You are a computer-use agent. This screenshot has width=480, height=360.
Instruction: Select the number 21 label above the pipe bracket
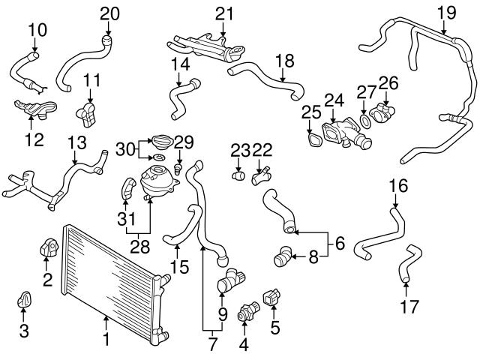(x=224, y=13)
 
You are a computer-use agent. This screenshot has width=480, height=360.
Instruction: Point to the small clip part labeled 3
(x=23, y=301)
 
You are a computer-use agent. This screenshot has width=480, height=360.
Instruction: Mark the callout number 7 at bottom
(x=213, y=346)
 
